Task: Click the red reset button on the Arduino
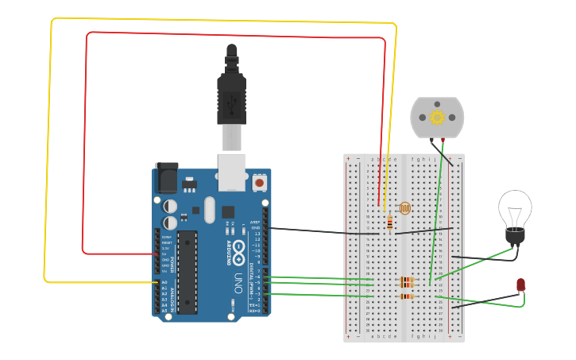pyautogui.click(x=259, y=183)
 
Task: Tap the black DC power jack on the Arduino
pyautogui.click(x=167, y=178)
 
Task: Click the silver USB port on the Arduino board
pyautogui.click(x=232, y=172)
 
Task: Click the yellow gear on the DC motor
pyautogui.click(x=437, y=118)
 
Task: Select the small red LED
pyautogui.click(x=520, y=285)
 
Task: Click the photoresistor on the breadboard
pyautogui.click(x=404, y=208)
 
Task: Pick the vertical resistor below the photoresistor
pyautogui.click(x=389, y=223)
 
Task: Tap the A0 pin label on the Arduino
pyautogui.click(x=164, y=282)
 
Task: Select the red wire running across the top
pyautogui.click(x=238, y=35)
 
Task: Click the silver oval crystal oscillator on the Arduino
pyautogui.click(x=209, y=210)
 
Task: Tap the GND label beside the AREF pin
pyautogui.click(x=256, y=228)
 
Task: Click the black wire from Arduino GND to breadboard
pyautogui.click(x=318, y=231)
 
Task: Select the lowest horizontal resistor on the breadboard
pyautogui.click(x=406, y=296)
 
